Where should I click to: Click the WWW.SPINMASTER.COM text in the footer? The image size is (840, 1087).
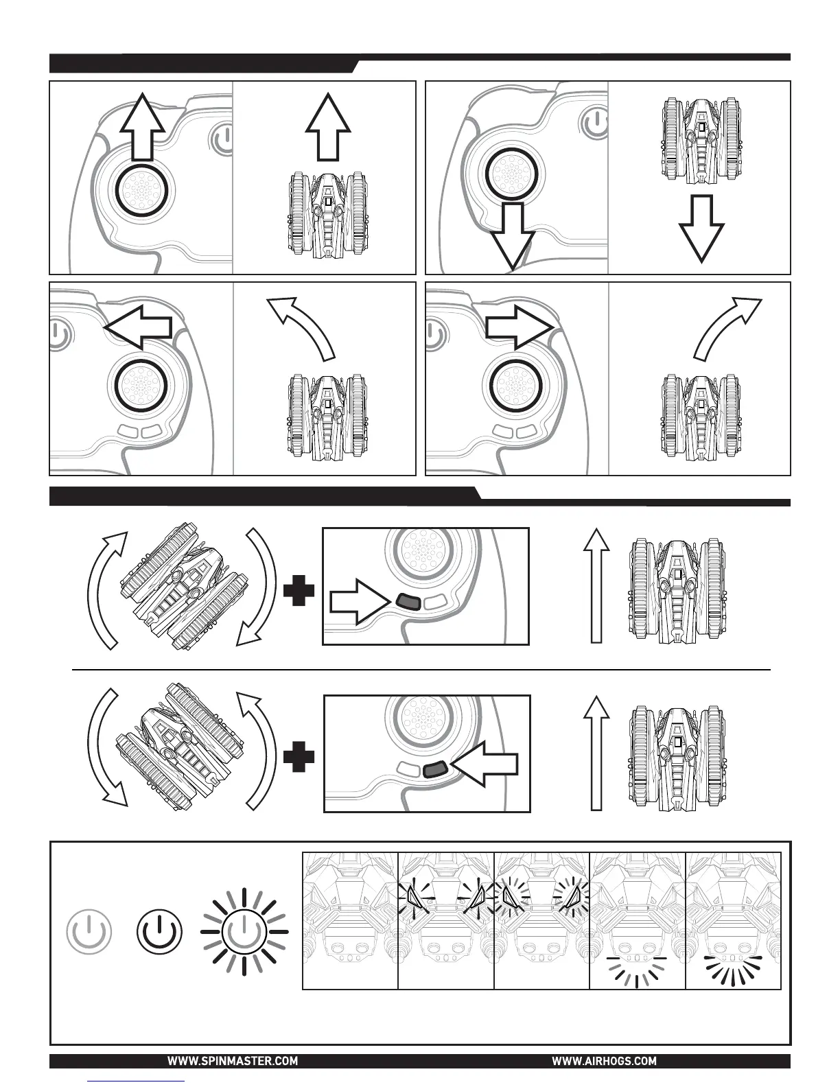[x=233, y=1061]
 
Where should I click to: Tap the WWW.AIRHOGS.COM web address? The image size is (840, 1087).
[x=604, y=1061]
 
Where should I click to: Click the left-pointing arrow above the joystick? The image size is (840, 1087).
[x=138, y=327]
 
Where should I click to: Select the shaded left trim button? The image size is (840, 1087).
[x=407, y=602]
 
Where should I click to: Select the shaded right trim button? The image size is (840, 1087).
[x=436, y=770]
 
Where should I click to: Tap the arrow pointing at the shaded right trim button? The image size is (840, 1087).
[x=485, y=770]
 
